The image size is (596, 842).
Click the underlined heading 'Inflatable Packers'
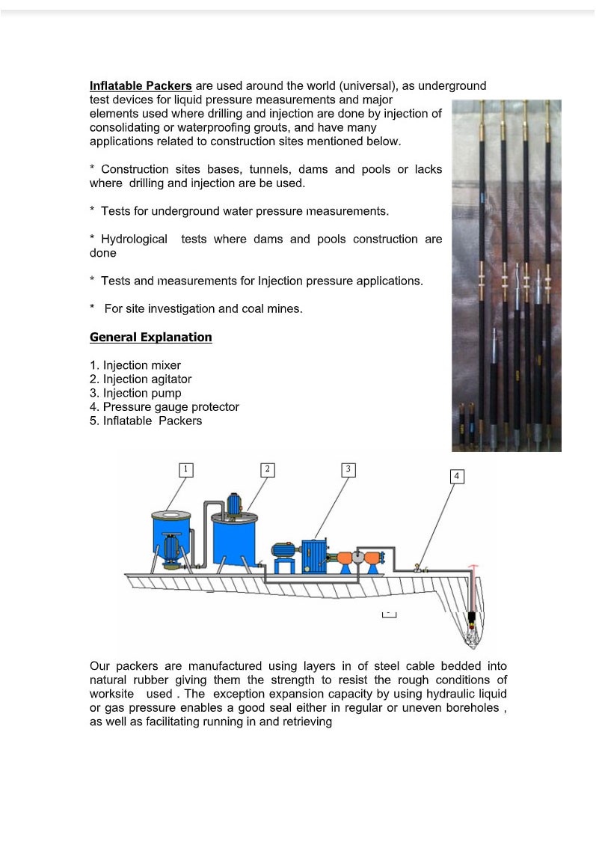pos(141,86)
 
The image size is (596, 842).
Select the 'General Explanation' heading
pos(150,338)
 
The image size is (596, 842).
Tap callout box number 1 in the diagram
pos(186,469)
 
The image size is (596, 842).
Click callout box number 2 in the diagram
pos(267,469)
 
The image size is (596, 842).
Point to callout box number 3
pos(347,469)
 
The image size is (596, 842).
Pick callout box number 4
pos(457,476)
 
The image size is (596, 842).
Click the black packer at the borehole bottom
pos(472,620)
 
